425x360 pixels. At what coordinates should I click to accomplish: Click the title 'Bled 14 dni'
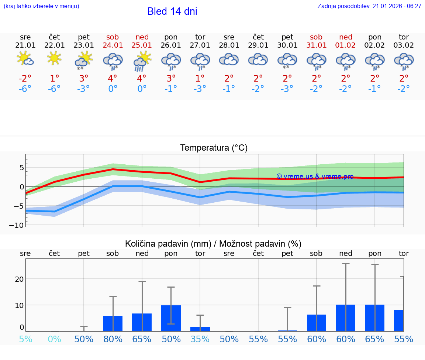click(x=172, y=11)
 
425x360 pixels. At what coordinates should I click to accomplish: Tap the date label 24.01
click(x=113, y=45)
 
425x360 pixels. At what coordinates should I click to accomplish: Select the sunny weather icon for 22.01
click(x=54, y=58)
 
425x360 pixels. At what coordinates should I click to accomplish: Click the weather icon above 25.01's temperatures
click(x=142, y=60)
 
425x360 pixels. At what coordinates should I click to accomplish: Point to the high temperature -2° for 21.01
click(x=25, y=78)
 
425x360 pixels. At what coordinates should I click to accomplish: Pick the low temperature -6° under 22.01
click(x=54, y=89)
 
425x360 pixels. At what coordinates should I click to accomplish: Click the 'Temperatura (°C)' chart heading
click(x=214, y=148)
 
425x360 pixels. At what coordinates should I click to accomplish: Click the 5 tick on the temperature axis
click(x=22, y=167)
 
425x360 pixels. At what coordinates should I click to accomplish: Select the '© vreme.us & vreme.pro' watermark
click(x=315, y=176)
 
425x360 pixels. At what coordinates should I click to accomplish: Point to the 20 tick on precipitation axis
click(x=19, y=279)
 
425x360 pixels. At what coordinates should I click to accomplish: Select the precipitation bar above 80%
click(x=113, y=323)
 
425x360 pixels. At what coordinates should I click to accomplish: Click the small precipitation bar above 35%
click(x=200, y=329)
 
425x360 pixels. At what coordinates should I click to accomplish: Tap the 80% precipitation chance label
click(x=113, y=339)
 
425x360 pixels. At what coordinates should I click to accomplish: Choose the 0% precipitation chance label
click(x=54, y=339)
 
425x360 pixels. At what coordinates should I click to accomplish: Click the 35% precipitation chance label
click(x=200, y=339)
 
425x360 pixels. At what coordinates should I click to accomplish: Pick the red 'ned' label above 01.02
click(x=346, y=37)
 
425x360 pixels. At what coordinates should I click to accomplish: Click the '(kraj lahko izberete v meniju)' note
click(x=41, y=6)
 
